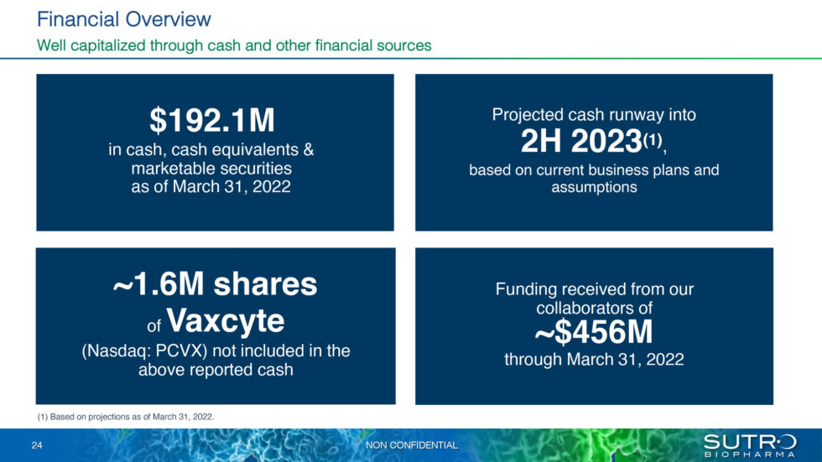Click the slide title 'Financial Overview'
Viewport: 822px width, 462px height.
point(124,18)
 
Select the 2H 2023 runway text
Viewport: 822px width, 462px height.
point(580,142)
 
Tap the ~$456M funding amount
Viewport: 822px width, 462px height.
point(594,335)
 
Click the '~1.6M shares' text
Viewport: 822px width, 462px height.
point(215,284)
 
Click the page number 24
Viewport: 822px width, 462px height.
point(37,445)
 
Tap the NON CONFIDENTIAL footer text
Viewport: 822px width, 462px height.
point(412,445)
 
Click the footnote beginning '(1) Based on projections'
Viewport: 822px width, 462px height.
point(127,416)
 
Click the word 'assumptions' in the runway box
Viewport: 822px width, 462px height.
point(594,188)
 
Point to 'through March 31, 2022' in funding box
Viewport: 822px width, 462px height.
point(594,360)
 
